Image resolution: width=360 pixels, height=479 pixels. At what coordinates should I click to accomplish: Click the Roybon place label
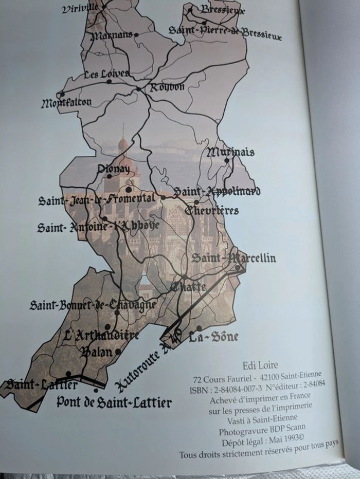tap(167, 87)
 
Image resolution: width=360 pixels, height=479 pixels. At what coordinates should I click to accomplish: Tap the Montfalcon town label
tap(66, 103)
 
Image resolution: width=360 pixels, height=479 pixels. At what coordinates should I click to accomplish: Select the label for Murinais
tap(230, 152)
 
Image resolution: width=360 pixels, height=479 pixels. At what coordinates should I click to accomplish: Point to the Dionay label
tap(114, 168)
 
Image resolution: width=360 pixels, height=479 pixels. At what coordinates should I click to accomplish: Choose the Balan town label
tap(97, 352)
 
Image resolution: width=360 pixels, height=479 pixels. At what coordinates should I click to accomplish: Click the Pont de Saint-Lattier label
tap(114, 402)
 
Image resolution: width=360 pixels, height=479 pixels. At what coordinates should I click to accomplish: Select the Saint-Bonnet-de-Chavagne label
tap(93, 305)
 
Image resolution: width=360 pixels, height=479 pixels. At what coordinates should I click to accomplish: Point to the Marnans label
tap(112, 36)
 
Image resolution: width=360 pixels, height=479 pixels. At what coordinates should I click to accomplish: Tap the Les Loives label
tap(106, 74)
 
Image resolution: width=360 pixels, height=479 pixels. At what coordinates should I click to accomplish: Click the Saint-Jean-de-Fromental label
tap(96, 199)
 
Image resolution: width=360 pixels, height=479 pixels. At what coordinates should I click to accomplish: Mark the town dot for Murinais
tap(226, 160)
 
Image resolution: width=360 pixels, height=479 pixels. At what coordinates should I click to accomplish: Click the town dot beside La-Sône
tap(199, 328)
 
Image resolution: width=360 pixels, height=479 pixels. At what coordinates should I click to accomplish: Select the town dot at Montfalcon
tap(62, 94)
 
